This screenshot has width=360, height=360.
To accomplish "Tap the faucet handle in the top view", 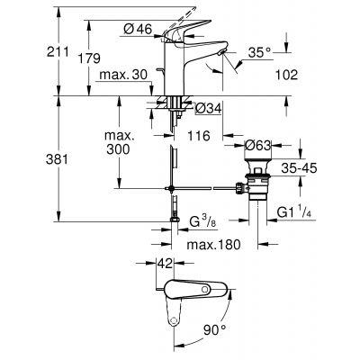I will point(198,290).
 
